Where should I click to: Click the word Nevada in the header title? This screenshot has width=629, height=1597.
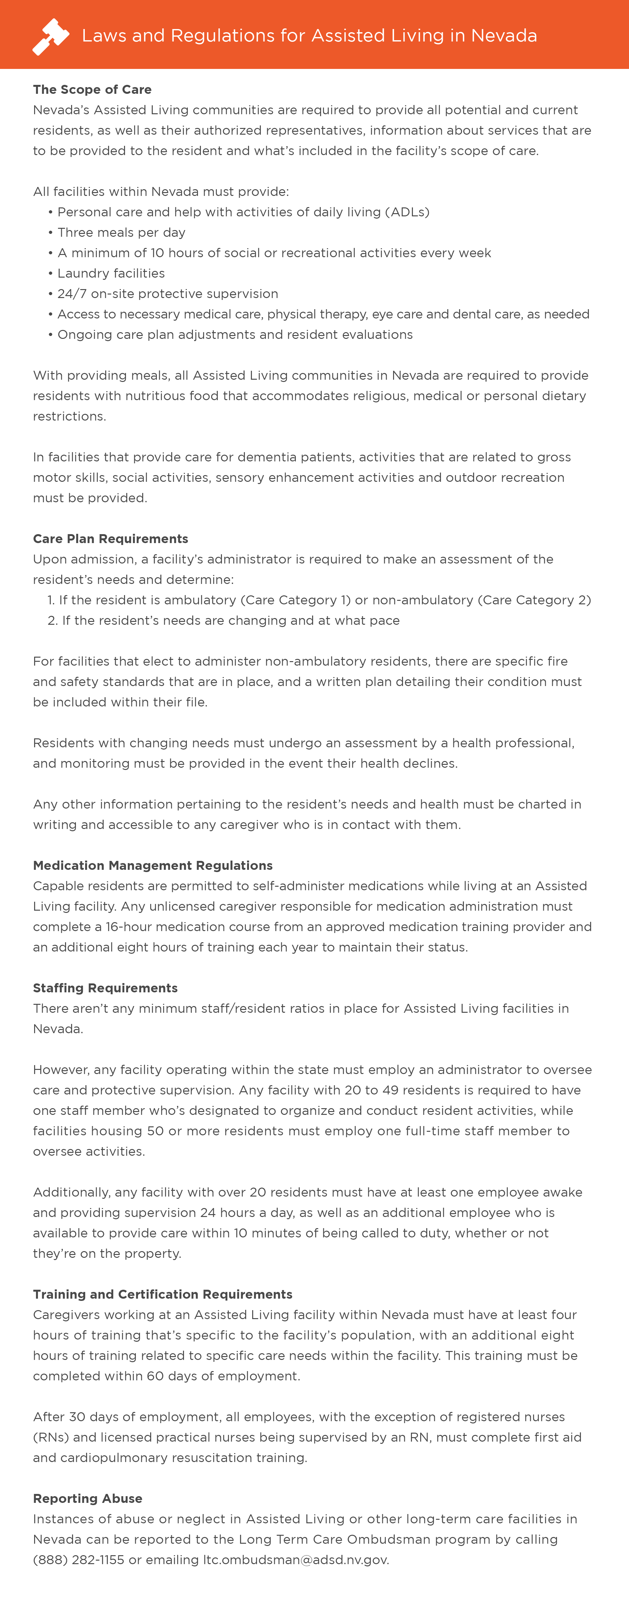tap(504, 36)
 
